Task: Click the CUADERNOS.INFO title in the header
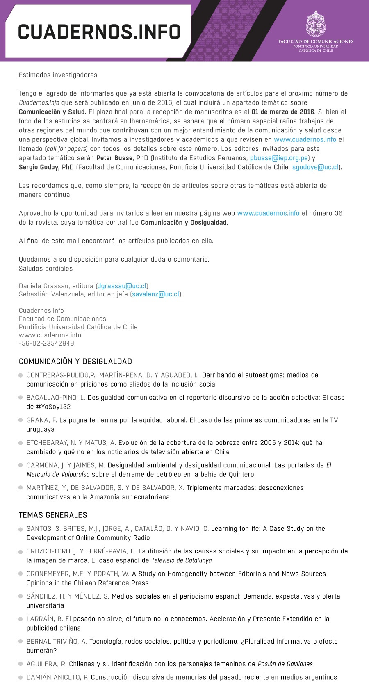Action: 99,32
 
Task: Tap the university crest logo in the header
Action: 316,24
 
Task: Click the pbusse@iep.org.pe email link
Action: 279,158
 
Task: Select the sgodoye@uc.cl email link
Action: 315,167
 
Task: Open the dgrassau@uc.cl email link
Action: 122,286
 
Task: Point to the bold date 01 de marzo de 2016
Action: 283,112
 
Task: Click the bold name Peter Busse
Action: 114,158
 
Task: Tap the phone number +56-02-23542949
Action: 46,344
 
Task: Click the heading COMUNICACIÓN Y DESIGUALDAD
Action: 75,362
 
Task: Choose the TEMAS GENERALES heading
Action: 53,515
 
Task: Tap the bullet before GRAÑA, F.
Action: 20,420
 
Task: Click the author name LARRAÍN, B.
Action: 45,619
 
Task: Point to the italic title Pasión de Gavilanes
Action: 285,664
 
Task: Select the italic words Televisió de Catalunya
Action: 182,560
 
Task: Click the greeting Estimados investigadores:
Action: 59,75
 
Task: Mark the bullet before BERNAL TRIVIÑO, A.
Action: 20,642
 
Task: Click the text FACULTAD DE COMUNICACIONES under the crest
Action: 316,41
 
